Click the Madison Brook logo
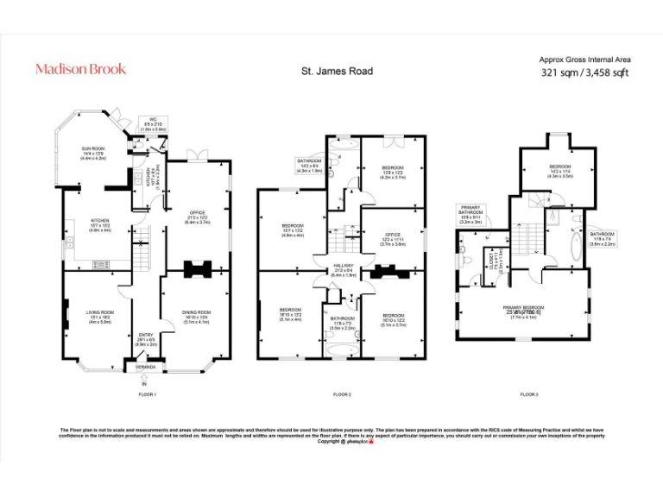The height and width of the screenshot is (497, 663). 80,69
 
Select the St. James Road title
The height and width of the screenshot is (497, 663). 342,71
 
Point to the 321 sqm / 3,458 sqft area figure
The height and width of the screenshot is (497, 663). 584,73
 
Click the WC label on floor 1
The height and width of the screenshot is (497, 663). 152,120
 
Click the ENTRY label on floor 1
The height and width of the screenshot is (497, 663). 146,336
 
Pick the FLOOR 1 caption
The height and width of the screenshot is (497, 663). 147,394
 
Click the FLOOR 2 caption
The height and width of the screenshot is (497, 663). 342,394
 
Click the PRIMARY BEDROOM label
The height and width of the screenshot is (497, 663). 524,306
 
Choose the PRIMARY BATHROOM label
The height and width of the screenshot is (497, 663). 470,210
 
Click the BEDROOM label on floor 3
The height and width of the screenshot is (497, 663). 561,166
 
